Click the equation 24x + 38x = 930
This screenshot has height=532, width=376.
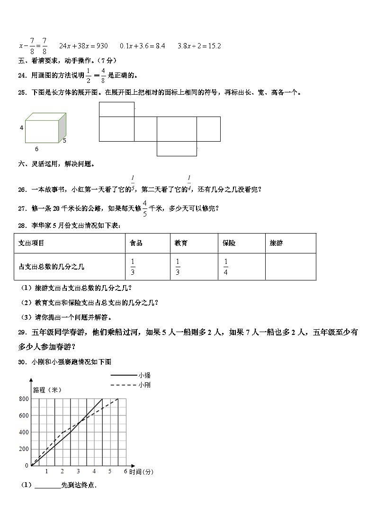tap(83, 46)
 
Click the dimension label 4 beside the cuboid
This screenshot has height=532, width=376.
tap(21, 128)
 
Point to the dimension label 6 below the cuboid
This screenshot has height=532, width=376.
tap(36, 149)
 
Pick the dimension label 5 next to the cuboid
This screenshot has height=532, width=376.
tap(64, 140)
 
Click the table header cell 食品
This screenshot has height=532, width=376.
tap(136, 243)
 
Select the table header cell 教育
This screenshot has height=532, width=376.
tap(181, 243)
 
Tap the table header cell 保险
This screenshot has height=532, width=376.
tap(229, 243)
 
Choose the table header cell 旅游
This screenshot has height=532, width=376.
tap(276, 243)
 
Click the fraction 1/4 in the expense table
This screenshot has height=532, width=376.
tap(226, 267)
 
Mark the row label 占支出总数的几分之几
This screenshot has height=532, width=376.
tap(51, 267)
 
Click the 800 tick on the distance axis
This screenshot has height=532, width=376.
tap(24, 399)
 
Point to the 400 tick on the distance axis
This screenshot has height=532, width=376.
tap(24, 433)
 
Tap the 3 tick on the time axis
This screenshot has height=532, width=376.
tap(78, 471)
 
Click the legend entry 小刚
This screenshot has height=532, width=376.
tap(145, 385)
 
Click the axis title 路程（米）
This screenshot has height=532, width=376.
tap(47, 390)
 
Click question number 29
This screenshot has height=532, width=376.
tap(23, 333)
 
